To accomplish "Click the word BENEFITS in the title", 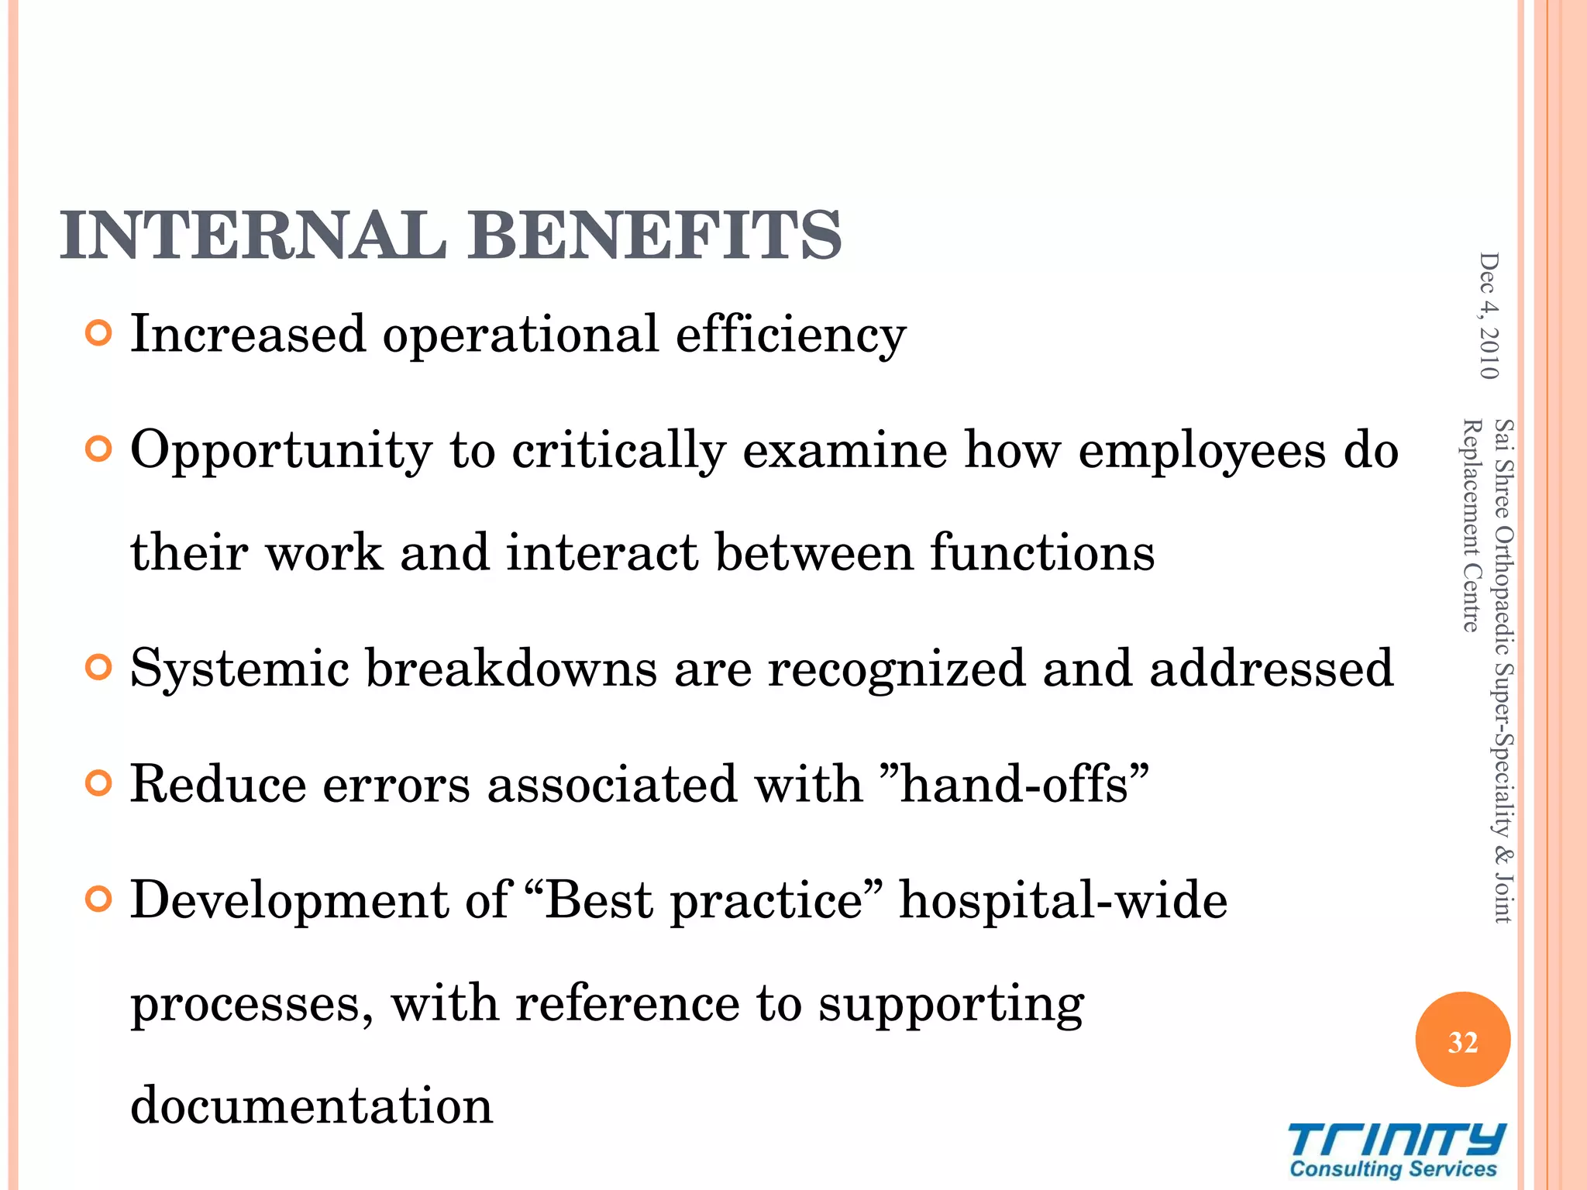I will (x=655, y=236).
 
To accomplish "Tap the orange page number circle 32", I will (x=1462, y=1040).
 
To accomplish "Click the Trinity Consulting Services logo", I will (x=1396, y=1150).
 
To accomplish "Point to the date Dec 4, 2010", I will (x=1489, y=316).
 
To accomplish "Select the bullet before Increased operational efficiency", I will (x=99, y=334).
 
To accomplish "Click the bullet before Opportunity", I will (x=99, y=449).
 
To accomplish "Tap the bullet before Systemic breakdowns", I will (x=99, y=667).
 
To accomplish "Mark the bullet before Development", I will (x=99, y=899).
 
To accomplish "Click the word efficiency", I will (x=790, y=335).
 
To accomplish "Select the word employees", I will (x=1201, y=451).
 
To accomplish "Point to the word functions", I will (x=1042, y=552).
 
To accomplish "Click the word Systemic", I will (x=239, y=668).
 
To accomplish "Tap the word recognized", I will (x=896, y=668).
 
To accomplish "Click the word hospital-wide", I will (x=1063, y=900).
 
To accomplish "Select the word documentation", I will (x=312, y=1105).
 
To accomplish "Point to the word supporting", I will (x=951, y=1004).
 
